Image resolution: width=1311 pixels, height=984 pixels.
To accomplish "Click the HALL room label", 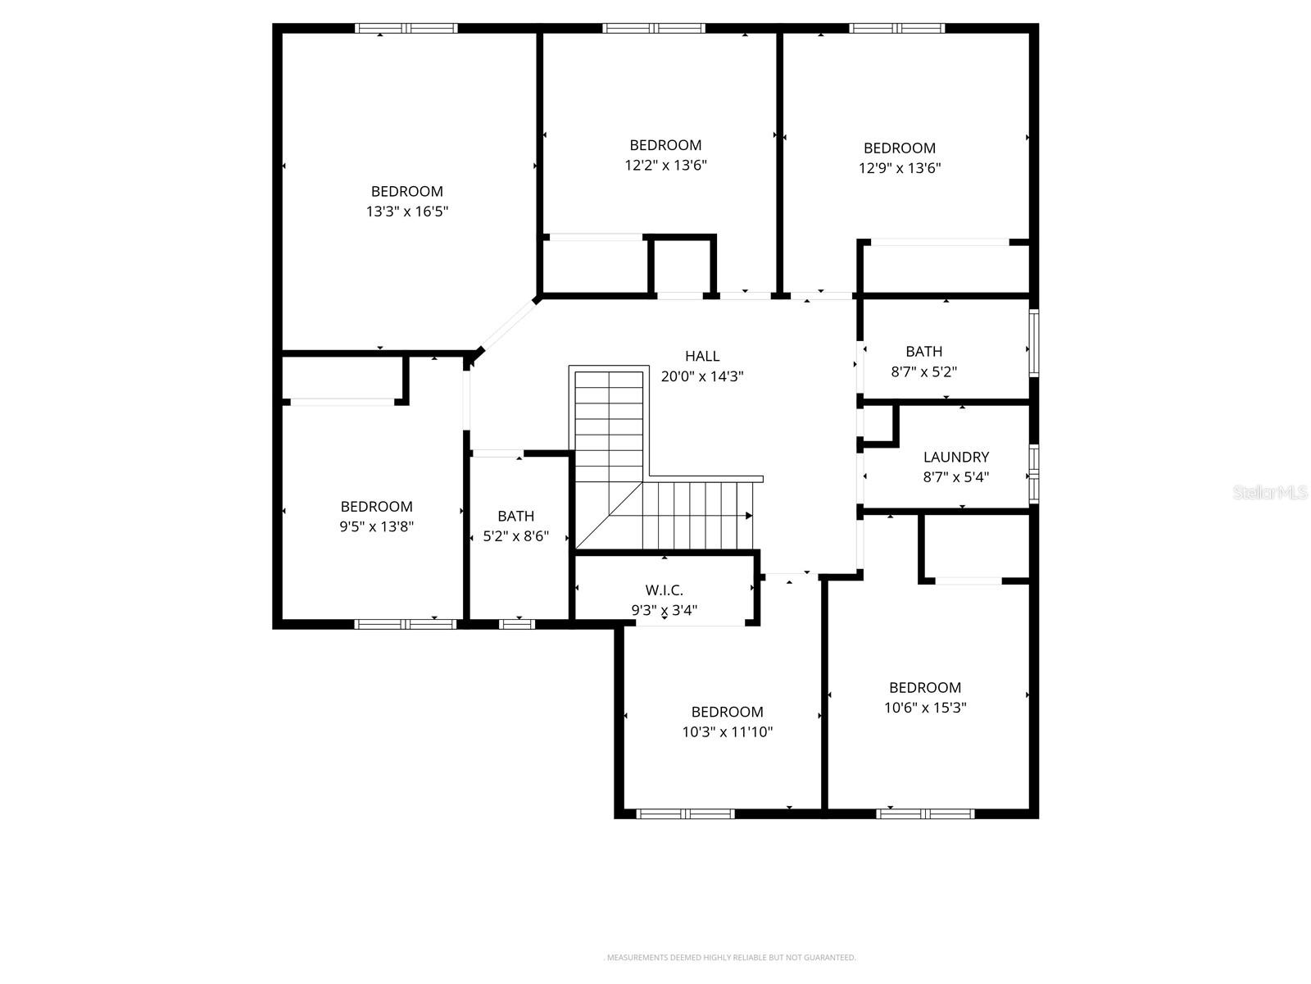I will (x=702, y=356).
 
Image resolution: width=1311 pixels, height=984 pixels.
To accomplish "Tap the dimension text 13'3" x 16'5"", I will (x=407, y=212).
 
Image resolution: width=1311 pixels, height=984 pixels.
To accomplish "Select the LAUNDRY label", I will (x=956, y=457).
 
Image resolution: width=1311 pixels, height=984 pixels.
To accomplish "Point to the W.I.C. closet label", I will (x=664, y=590).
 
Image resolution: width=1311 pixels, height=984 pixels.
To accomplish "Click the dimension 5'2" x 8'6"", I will (x=516, y=536).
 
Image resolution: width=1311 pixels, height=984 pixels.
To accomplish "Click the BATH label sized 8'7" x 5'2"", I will (x=923, y=351).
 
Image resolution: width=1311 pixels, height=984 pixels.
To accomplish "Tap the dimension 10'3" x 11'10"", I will (x=728, y=732).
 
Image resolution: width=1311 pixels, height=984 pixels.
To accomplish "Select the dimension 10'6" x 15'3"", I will (x=925, y=708).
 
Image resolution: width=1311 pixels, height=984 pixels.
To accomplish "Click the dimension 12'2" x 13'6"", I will (x=665, y=165).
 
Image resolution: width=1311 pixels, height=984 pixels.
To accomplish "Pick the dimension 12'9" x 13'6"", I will (x=900, y=168).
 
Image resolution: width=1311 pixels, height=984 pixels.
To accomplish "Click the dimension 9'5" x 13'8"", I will (x=377, y=526).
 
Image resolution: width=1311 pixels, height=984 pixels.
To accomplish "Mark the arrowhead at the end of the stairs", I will (x=748, y=516).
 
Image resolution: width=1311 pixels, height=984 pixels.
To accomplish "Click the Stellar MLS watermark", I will (x=1269, y=492).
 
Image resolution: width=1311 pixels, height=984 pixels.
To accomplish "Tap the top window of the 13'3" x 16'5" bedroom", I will (x=406, y=28).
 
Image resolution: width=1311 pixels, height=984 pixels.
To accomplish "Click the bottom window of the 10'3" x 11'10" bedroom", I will (x=686, y=813).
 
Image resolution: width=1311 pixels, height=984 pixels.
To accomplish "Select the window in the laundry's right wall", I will (x=1034, y=473).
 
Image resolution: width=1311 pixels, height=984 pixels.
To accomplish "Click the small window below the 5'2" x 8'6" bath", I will (x=516, y=624).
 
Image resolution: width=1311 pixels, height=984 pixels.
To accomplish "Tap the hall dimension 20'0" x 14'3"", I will (x=702, y=376).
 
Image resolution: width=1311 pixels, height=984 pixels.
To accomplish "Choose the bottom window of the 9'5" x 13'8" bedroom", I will (x=406, y=624).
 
